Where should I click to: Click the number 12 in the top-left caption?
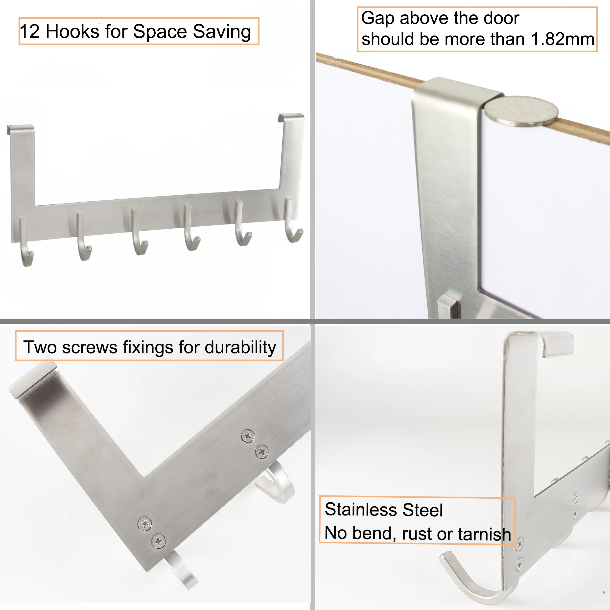click(30, 32)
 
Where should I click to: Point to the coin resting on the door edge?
click(521, 111)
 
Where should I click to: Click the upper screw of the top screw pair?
click(248, 436)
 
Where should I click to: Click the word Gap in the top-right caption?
click(377, 18)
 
